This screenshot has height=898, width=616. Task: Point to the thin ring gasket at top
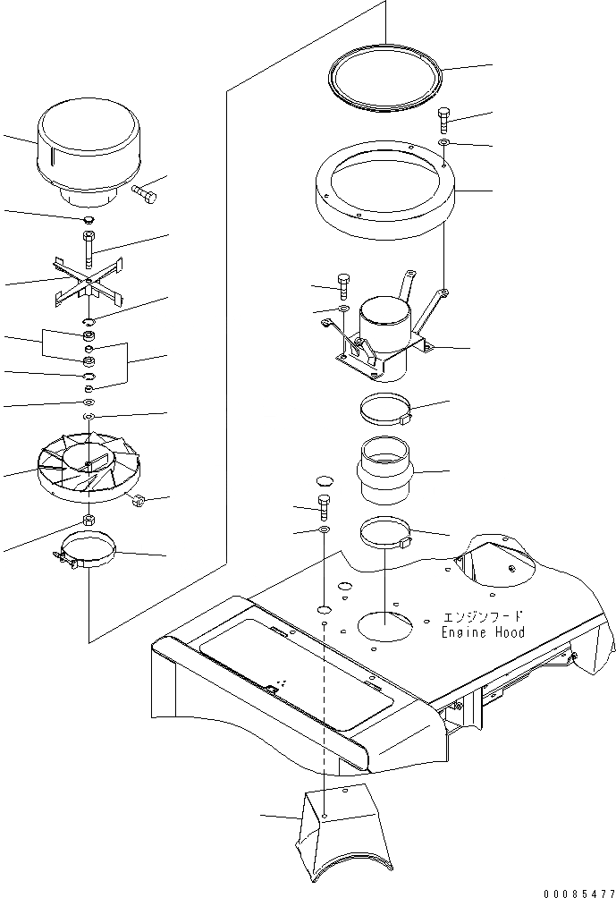click(x=385, y=81)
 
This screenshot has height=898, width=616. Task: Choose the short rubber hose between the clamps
click(x=386, y=470)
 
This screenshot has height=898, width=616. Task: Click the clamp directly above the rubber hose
click(x=385, y=411)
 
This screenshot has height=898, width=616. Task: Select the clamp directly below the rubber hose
click(x=385, y=535)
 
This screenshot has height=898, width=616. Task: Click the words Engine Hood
click(x=483, y=632)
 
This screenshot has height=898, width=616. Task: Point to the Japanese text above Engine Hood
click(x=484, y=617)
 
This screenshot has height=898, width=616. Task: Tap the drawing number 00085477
click(x=573, y=887)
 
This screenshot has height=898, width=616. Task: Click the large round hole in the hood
click(x=385, y=626)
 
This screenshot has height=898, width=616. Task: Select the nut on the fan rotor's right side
click(x=139, y=502)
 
